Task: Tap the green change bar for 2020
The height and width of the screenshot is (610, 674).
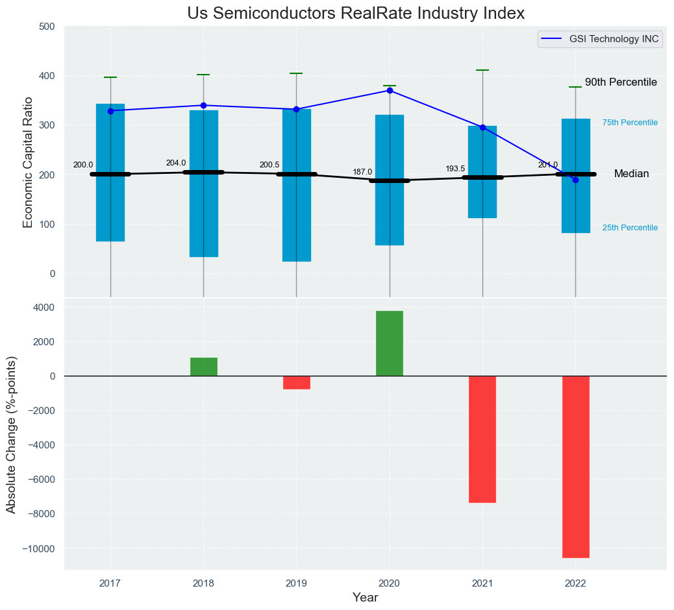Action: pyautogui.click(x=390, y=343)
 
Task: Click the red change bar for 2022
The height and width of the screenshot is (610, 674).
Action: pyautogui.click(x=575, y=467)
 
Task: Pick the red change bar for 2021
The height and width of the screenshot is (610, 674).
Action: pyautogui.click(x=482, y=439)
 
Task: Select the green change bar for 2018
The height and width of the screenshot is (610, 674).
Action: pyautogui.click(x=204, y=367)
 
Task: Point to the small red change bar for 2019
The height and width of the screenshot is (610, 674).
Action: pyautogui.click(x=297, y=382)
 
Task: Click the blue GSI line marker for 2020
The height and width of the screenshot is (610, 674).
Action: pyautogui.click(x=390, y=91)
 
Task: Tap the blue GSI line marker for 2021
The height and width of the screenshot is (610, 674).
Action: pyautogui.click(x=482, y=127)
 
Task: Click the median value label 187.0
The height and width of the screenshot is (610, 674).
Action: pyautogui.click(x=362, y=172)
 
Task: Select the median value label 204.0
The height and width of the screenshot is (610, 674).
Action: pyautogui.click(x=176, y=163)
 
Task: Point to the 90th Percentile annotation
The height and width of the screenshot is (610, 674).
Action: pyautogui.click(x=621, y=82)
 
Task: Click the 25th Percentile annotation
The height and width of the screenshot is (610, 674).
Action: pyautogui.click(x=630, y=228)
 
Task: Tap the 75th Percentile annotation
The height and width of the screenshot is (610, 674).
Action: pyautogui.click(x=630, y=123)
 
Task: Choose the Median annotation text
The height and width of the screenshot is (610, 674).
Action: pyautogui.click(x=631, y=174)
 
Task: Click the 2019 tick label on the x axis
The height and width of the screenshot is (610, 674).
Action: pyautogui.click(x=297, y=583)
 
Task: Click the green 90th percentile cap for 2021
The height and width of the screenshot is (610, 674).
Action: pyautogui.click(x=482, y=70)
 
